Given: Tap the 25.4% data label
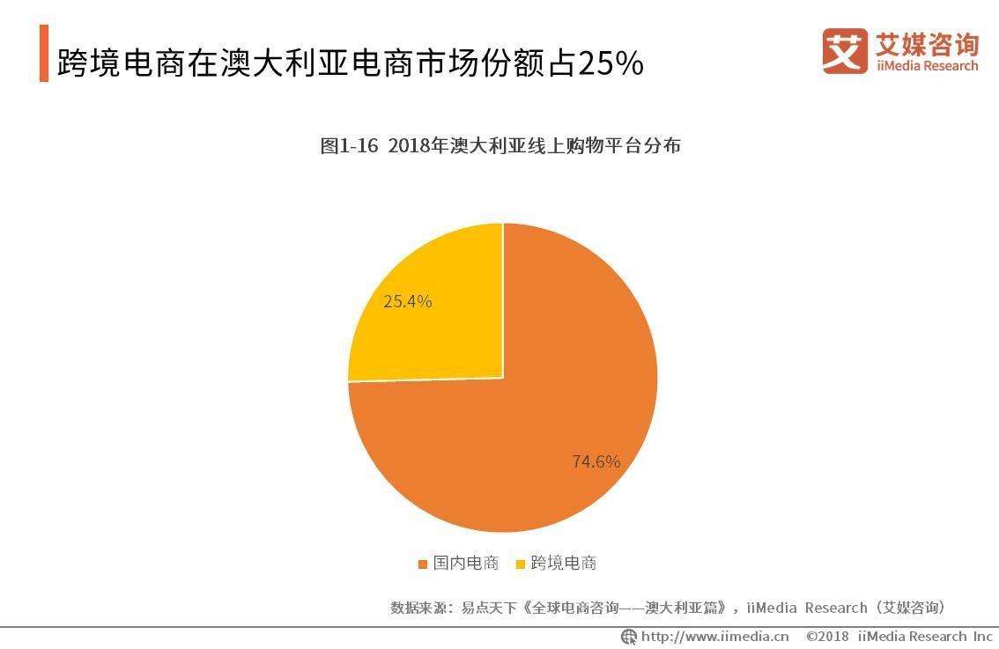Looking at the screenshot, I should (407, 301).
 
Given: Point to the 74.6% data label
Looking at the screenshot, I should (596, 461).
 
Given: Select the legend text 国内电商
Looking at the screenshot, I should (465, 564).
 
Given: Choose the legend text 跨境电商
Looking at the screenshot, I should (564, 564).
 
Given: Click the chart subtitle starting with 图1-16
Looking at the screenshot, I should (499, 146).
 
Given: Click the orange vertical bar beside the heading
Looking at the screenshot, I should (44, 54).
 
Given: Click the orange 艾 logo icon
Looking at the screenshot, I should (844, 51).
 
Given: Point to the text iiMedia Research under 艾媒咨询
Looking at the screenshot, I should (927, 66).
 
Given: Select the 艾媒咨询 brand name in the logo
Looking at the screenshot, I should (927, 43).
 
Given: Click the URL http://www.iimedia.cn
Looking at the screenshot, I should (714, 636).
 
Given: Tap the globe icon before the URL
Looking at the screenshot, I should (629, 637).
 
